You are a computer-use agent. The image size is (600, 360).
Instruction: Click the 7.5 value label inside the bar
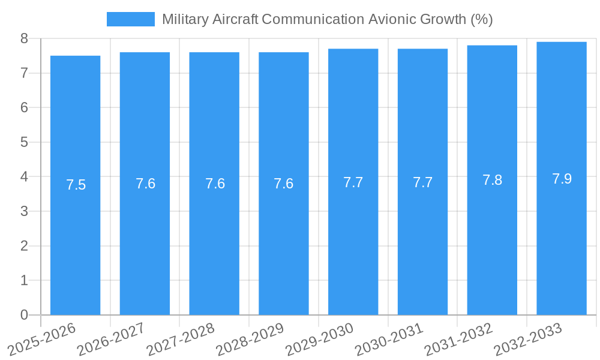76,185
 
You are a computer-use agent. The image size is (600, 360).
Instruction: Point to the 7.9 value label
562,179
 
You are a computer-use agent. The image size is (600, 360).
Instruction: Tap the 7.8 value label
492,180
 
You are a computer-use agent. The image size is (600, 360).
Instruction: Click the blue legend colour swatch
130,19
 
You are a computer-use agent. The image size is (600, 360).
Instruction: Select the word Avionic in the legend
392,19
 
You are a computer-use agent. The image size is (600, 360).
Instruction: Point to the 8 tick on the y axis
24,38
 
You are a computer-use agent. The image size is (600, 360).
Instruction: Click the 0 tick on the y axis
24,315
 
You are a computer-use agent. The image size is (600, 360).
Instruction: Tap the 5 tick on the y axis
24,142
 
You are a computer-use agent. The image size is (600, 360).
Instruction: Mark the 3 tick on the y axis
24,211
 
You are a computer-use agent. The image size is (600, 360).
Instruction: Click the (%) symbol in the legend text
482,19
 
